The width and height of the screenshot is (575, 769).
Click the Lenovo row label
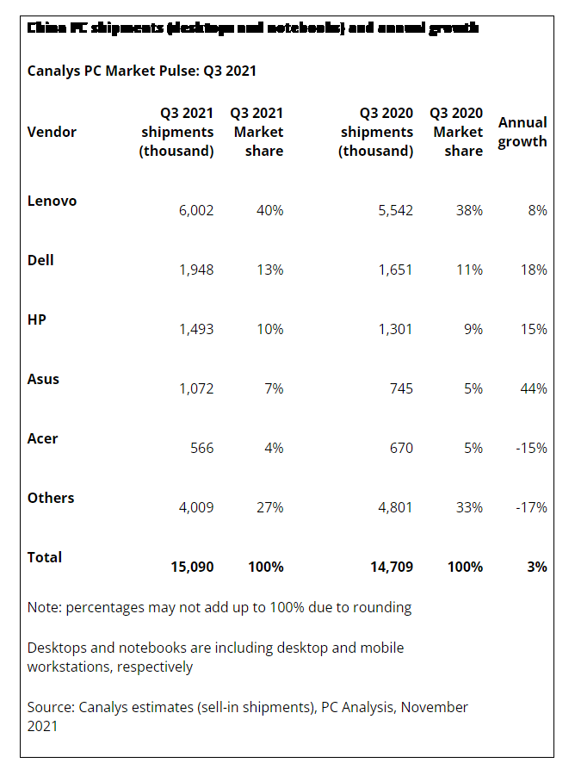52,201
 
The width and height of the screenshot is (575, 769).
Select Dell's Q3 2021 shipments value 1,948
196,270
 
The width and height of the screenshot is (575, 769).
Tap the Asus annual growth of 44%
534,388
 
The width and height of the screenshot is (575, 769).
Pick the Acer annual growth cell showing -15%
532,448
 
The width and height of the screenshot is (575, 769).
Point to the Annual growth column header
522,132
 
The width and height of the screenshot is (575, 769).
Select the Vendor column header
52,132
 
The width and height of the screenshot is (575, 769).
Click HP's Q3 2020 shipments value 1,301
395,329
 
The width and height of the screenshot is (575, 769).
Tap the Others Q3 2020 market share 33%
469,507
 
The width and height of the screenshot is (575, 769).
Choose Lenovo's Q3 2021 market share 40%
269,210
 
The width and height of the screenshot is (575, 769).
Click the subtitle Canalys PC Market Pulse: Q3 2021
142,71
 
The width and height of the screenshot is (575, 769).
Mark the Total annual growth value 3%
537,567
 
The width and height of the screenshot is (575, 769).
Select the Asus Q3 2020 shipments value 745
400,388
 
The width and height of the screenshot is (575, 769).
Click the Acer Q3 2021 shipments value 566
201,448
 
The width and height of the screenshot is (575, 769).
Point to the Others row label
51,498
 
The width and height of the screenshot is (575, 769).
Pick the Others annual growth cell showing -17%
532,507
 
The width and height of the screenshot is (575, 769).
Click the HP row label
37,319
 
